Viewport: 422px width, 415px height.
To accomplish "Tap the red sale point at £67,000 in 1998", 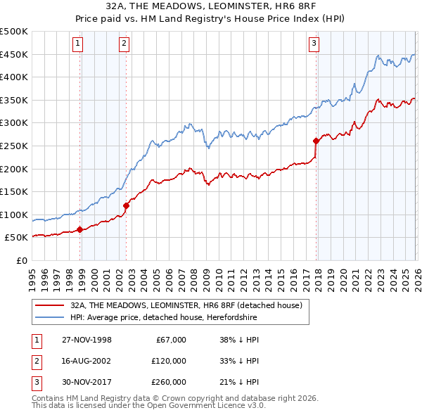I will tap(80, 229).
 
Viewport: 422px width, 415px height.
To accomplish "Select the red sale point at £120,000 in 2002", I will tap(127, 205).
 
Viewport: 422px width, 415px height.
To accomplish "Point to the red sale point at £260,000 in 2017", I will tap(316, 141).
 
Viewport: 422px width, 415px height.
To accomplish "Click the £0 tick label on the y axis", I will tap(20, 260).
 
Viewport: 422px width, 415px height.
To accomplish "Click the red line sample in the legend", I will tap(49, 306).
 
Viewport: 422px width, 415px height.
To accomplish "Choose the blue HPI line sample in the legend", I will tap(49, 318).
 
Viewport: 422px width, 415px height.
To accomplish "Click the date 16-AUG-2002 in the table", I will tap(86, 361).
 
